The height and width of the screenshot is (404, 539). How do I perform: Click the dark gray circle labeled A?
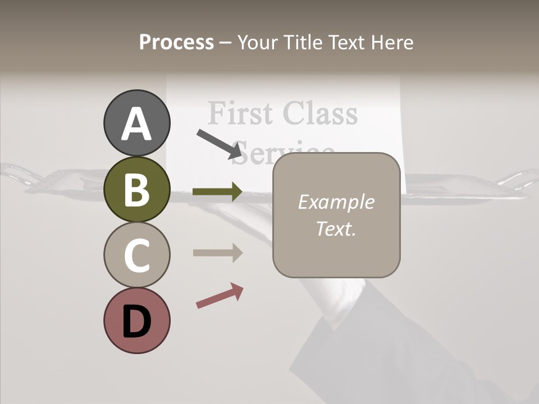coord(136,123)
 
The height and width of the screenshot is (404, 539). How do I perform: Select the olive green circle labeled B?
coord(136,189)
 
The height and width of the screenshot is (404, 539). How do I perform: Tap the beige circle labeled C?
coord(136,255)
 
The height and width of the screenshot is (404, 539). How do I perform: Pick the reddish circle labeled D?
coord(136,320)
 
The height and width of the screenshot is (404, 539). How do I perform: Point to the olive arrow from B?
coord(217,192)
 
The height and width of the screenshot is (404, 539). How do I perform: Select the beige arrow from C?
coord(217,252)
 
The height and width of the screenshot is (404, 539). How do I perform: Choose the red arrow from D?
coord(220,296)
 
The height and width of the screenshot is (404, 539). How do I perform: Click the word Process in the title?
coord(176,43)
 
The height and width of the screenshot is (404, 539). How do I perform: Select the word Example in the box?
coord(336,202)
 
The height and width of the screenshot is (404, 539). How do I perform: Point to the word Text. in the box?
coord(336,228)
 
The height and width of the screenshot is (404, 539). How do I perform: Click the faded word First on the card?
coord(241,113)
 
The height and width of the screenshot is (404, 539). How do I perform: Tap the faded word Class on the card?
coord(320,113)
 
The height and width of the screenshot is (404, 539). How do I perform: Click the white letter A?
coord(136,124)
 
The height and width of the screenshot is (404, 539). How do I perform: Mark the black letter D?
coord(136,322)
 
